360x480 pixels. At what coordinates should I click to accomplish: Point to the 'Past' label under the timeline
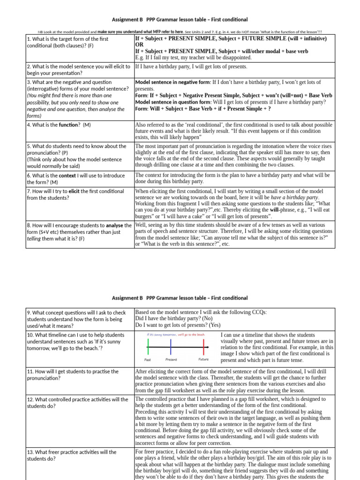tap(148, 360)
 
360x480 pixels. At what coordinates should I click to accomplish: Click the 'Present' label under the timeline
tap(171, 360)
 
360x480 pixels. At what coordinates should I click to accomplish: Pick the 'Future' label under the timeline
tap(203, 360)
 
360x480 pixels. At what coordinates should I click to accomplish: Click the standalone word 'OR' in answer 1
tap(139, 45)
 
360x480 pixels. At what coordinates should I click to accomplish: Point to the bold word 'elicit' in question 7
tap(74, 191)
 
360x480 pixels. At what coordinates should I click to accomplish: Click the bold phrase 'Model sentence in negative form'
tap(172, 82)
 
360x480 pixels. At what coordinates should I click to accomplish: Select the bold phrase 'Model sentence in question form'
tap(172, 102)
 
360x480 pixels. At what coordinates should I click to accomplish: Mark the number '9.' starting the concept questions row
tap(30, 312)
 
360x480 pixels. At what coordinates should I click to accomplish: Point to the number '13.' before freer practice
tap(31, 452)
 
